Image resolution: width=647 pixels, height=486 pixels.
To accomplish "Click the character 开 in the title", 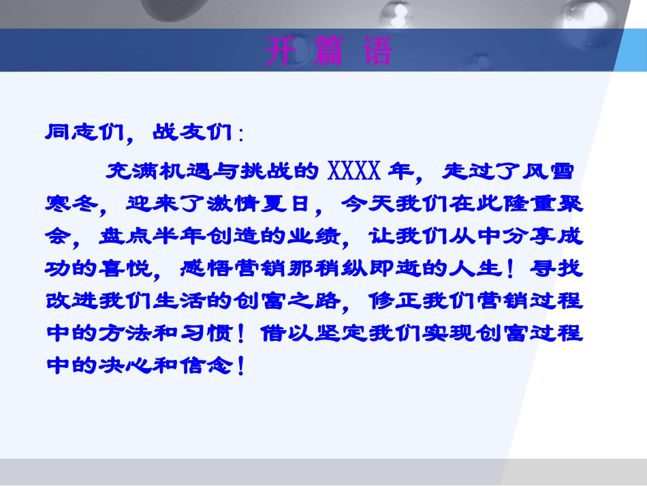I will click(277, 52).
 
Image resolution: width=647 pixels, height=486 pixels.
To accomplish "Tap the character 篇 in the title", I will click(328, 52).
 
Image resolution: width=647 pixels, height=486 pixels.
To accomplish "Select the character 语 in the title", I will click(379, 52).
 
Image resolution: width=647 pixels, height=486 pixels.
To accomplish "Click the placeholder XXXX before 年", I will click(353, 170).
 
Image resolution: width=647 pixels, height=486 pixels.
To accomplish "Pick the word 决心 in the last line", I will click(132, 366).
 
